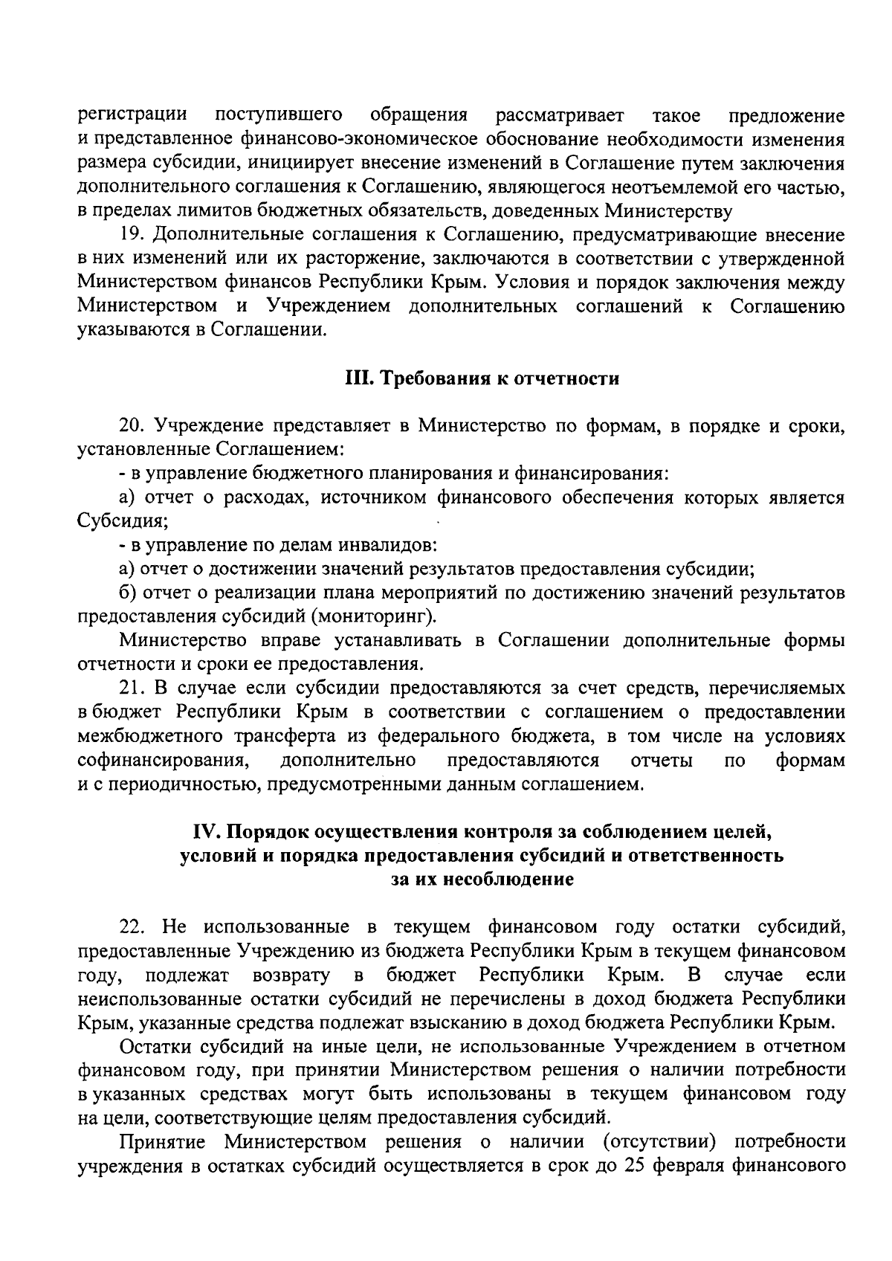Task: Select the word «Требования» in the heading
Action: click(425, 379)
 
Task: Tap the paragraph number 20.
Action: click(132, 427)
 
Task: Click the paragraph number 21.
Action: click(132, 688)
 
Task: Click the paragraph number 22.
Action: click(133, 927)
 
